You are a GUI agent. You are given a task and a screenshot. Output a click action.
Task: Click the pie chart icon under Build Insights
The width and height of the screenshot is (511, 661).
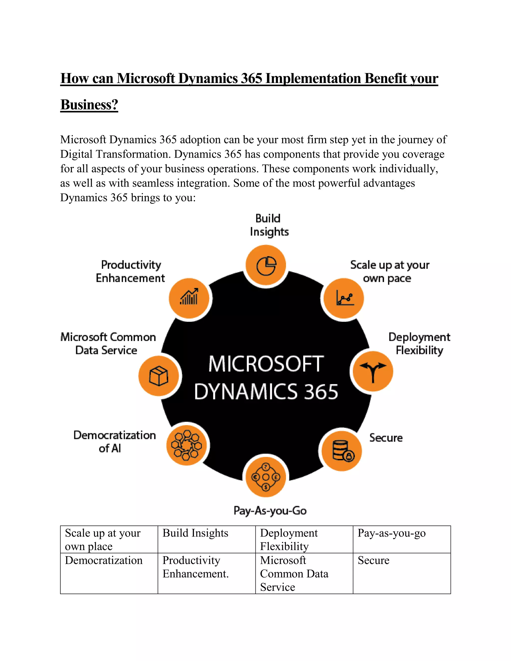[x=266, y=265]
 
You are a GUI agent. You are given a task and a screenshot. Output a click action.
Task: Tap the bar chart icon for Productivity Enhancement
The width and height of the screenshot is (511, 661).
[x=189, y=298]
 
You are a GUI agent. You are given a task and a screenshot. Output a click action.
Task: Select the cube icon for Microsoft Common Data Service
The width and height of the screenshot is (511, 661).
[x=159, y=376]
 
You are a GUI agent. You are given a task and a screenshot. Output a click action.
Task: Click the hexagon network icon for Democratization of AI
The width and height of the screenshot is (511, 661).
[x=186, y=445]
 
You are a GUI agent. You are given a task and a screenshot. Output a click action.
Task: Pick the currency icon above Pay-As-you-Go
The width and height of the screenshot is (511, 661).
[x=265, y=477]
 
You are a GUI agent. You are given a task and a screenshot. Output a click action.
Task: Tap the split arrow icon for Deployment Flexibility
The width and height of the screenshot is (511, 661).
[x=373, y=371]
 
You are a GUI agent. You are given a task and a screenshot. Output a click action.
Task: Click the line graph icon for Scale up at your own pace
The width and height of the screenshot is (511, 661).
[x=344, y=298]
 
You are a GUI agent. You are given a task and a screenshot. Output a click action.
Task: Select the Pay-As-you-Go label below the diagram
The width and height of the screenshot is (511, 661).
[x=270, y=511]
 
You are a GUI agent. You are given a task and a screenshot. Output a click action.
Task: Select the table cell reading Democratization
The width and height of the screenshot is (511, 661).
[x=104, y=560]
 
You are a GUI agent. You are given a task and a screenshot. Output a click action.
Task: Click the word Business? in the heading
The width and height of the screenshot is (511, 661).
[x=89, y=105]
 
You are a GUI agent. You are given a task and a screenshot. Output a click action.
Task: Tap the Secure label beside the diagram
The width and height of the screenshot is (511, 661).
[x=386, y=438]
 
